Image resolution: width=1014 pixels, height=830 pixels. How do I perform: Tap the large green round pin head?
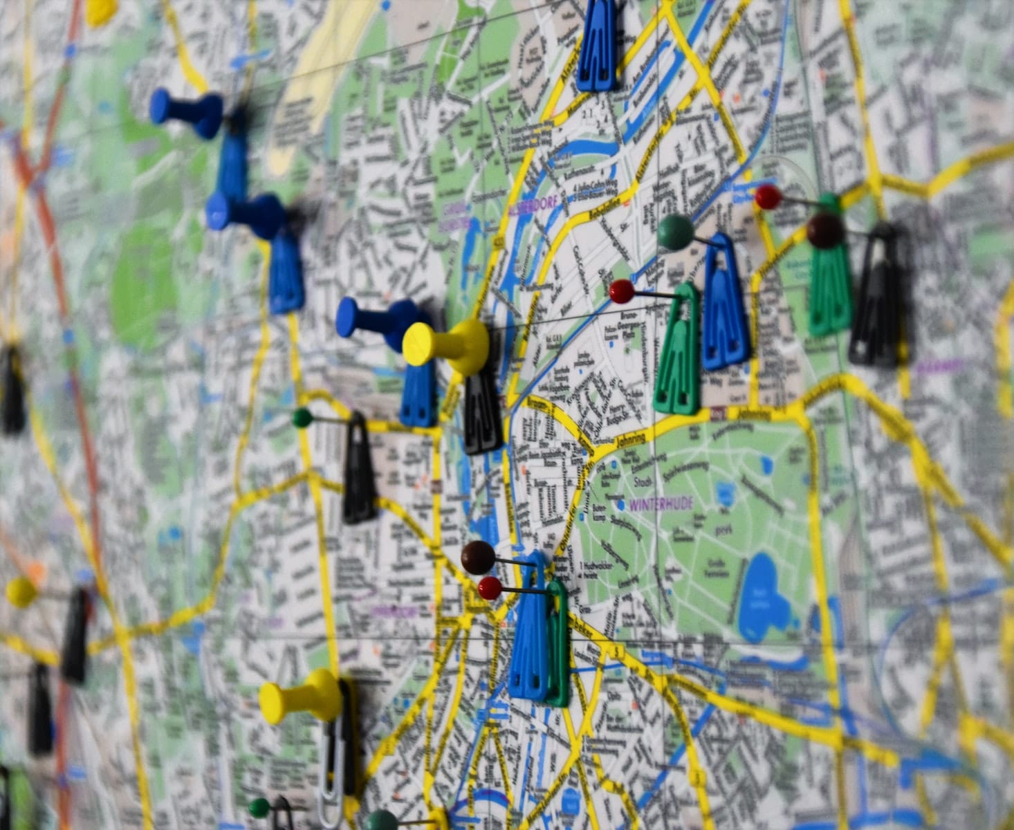pos(675,232)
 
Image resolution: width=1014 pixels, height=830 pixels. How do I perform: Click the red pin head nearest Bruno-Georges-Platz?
pos(622,291)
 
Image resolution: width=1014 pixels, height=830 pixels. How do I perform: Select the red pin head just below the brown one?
pos(490,588)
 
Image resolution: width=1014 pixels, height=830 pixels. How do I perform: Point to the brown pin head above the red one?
pos(478,557)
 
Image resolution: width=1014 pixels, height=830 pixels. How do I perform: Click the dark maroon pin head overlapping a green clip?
pos(825,231)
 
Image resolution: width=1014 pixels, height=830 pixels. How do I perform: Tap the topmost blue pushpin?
pos(187,113)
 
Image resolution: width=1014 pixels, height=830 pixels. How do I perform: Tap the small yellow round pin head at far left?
pos(21,592)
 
